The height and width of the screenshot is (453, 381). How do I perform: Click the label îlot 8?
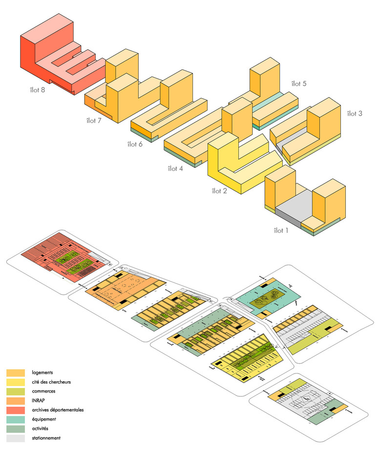[37, 89]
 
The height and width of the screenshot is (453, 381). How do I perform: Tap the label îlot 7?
[93, 121]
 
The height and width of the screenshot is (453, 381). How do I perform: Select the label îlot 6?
[135, 144]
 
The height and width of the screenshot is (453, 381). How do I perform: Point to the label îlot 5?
[298, 83]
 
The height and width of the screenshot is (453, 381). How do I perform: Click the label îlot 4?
[175, 169]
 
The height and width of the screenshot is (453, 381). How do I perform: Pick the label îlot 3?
[354, 114]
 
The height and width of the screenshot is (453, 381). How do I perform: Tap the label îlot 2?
[219, 191]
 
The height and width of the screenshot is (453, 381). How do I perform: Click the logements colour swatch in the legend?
[15, 373]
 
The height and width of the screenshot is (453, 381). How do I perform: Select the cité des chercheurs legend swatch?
[15, 382]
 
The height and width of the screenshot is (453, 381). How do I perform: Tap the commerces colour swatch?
[15, 391]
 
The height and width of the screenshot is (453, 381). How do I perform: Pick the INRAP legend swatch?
[15, 401]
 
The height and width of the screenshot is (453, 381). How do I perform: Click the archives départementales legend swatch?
[15, 410]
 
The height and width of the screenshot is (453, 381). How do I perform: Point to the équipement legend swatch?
[15, 419]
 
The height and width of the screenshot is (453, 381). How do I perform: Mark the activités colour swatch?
[15, 429]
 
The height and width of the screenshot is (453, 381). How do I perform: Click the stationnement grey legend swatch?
[15, 438]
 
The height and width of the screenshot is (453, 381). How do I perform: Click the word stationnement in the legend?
[45, 438]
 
